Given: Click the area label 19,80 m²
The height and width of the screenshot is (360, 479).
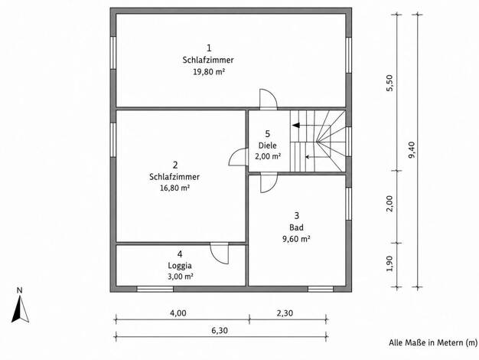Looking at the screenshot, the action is click(209, 72).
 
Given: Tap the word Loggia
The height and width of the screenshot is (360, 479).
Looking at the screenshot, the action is click(180, 266).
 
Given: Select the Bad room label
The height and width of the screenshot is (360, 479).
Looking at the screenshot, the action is click(297, 227).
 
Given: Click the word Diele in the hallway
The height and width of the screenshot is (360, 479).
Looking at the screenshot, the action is click(268, 146).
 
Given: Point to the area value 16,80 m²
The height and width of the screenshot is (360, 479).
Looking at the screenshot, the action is click(174, 188).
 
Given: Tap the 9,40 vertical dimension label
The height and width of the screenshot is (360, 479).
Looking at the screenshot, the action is click(412, 149).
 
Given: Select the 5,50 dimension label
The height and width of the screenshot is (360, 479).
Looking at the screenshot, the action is click(390, 83).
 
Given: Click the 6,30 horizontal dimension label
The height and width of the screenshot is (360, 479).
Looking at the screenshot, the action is click(220, 331).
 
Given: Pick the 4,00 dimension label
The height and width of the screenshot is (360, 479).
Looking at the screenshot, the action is click(178, 313).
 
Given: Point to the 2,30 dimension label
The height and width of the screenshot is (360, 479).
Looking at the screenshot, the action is click(285, 313).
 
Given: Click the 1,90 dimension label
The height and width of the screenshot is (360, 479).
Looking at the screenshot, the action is click(389, 263).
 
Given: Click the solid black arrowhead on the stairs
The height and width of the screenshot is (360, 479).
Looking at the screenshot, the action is click(296, 125).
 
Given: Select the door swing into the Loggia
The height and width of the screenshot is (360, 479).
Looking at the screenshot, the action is click(220, 254).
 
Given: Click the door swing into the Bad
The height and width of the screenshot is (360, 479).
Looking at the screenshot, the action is click(269, 183).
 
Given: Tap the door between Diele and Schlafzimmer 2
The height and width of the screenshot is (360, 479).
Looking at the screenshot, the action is click(238, 157).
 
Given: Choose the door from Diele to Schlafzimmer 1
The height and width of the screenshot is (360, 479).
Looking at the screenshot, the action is click(269, 99).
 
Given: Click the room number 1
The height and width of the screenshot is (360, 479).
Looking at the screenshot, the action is click(209, 48).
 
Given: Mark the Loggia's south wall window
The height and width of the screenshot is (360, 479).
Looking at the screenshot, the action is click(155, 289).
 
